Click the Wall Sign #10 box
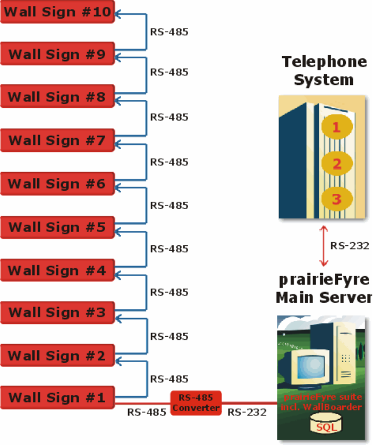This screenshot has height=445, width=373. pos(57,12)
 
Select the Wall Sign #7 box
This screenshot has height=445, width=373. pos(57,141)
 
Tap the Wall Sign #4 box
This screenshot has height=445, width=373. pos(57,270)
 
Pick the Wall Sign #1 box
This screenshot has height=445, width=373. pos(57,397)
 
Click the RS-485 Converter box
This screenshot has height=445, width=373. pos(196,403)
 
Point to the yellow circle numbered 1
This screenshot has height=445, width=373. pos(337,127)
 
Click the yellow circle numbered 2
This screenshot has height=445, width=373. pos(337,164)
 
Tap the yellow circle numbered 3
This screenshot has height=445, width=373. pos(337,199)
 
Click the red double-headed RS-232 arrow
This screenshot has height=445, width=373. pos(324,246)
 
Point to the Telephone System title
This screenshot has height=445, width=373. pos(324,71)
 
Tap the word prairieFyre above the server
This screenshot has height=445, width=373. pos(324,280)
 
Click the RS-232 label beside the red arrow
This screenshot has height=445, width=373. pos(350,246)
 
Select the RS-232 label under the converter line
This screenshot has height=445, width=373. pos(247,412)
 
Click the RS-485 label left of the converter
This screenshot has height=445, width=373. pos(147,412)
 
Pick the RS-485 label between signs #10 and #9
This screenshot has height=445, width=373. pos(169,32)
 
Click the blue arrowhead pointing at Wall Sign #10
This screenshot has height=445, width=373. pos(117,14)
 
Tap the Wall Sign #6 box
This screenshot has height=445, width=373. pos(57,184)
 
